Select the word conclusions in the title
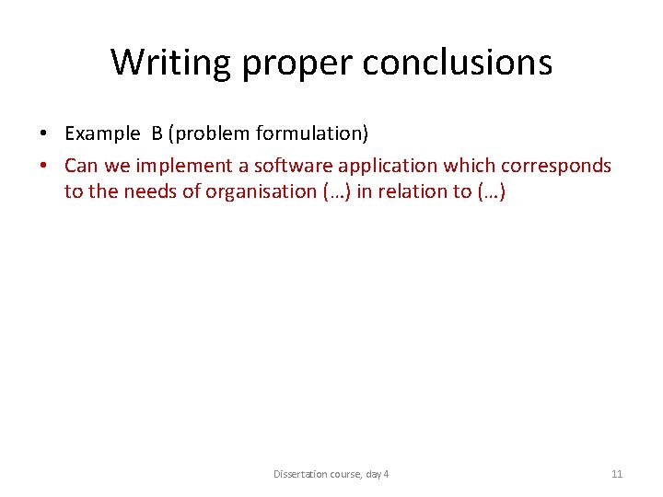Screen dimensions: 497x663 pyautogui.click(x=457, y=63)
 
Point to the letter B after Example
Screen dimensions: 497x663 pyautogui.click(x=157, y=134)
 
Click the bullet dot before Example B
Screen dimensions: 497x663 pyautogui.click(x=45, y=134)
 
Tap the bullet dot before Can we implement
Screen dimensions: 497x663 pyautogui.click(x=45, y=166)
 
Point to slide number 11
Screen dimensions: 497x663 pyautogui.click(x=617, y=474)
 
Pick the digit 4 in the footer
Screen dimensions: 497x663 pyautogui.click(x=386, y=474)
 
